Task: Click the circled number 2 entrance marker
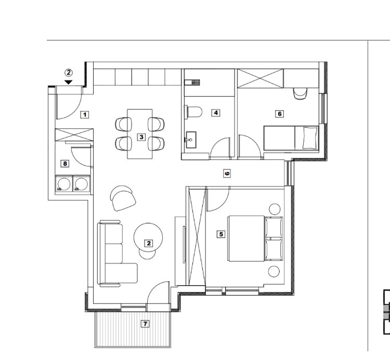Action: point(69,73)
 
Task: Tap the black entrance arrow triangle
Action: point(69,82)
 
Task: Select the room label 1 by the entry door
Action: point(85,114)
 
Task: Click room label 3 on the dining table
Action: point(141,137)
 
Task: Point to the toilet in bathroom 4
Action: point(193,112)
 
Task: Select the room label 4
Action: point(216,113)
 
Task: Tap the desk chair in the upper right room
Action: point(300,94)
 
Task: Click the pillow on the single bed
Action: point(310,138)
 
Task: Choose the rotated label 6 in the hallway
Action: point(227,173)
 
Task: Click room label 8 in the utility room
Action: point(65,164)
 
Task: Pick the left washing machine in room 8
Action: point(64,183)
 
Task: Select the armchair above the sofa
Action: point(123,198)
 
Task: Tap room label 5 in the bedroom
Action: point(221,234)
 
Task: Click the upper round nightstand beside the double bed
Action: point(275,209)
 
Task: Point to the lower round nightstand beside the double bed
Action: point(274,272)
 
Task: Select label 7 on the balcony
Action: point(145,324)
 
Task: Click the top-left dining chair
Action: point(124,124)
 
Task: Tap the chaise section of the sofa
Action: point(121,273)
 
